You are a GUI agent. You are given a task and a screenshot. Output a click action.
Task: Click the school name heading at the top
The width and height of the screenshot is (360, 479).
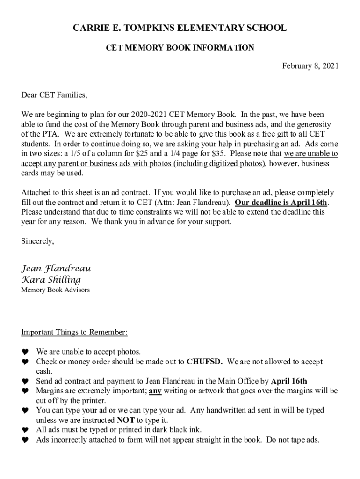tap(180, 29)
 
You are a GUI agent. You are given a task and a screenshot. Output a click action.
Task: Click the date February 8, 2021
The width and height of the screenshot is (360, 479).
tap(310, 66)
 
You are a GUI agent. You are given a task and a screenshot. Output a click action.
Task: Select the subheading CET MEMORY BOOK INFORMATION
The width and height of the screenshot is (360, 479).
tap(180, 47)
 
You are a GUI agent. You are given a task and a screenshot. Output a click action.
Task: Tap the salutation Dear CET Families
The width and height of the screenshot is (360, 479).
tap(54, 95)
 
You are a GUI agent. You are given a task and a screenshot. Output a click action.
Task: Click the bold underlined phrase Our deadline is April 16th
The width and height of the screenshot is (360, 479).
tap(281, 203)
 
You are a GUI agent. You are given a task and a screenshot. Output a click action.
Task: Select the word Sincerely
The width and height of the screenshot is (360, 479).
tap(37, 241)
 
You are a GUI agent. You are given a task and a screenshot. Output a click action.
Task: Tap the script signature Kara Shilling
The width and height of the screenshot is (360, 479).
tap(51, 280)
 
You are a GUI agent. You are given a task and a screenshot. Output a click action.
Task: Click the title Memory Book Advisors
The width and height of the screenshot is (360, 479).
tap(55, 290)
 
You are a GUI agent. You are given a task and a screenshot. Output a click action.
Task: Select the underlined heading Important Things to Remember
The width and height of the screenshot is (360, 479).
tap(74, 333)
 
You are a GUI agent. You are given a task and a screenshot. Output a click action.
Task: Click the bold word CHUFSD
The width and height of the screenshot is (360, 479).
tap(204, 362)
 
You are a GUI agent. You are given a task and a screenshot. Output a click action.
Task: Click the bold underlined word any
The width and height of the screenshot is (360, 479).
tap(155, 391)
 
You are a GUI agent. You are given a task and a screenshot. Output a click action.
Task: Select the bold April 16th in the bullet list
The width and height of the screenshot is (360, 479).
tap(289, 381)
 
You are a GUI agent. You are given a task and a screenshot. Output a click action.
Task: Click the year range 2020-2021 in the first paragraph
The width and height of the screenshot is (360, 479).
tap(149, 115)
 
